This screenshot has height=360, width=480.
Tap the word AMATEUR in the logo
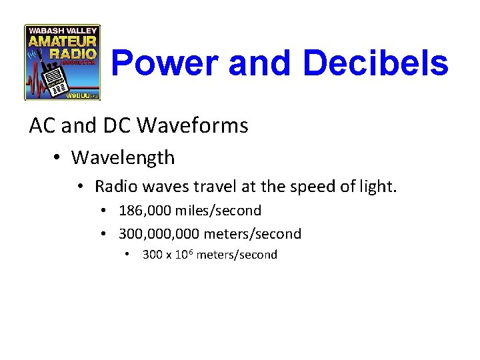[x=62, y=41]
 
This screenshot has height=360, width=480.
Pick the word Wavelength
[x=123, y=158]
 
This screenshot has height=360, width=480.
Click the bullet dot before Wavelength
[x=59, y=158]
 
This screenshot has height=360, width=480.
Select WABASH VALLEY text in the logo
[x=62, y=29]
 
